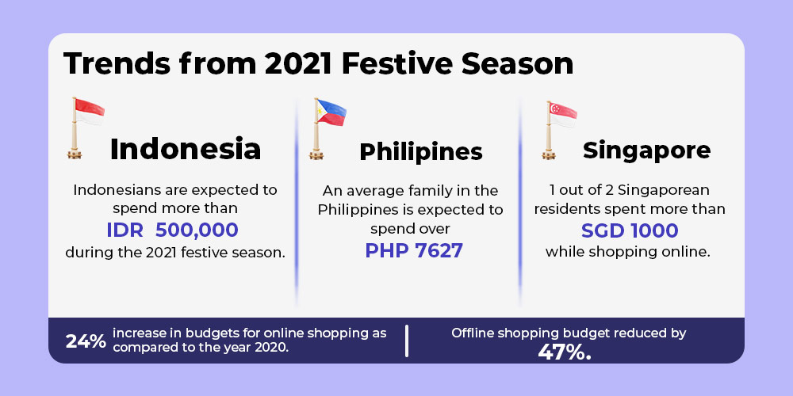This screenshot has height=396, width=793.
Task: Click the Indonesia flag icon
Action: [85, 128]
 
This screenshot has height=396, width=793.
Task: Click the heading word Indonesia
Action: [185, 150]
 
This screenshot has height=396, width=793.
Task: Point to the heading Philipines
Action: [421, 151]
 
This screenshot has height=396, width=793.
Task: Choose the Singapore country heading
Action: [646, 150]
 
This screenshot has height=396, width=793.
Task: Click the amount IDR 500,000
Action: [172, 230]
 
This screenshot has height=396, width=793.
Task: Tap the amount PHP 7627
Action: [414, 250]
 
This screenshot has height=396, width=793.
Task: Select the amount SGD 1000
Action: [630, 230]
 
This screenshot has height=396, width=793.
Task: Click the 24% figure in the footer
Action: [86, 341]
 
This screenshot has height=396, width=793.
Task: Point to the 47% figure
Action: [564, 352]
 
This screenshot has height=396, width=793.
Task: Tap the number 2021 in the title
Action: [297, 63]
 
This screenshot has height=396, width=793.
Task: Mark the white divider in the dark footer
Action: [407, 341]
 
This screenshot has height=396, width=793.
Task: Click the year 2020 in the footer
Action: [274, 348]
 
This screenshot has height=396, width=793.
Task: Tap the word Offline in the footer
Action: [470, 333]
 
